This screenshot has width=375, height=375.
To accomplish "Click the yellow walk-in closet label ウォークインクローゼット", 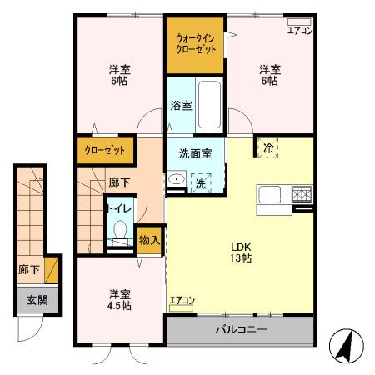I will click(196, 43).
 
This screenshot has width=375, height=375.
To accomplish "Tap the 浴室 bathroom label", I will click(181, 106).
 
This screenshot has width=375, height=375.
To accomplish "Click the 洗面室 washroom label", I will click(195, 153).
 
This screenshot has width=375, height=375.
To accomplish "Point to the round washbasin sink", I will click(176, 181).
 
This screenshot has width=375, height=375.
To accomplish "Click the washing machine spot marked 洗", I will click(201, 181).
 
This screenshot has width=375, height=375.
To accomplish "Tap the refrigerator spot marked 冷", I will click(268, 147).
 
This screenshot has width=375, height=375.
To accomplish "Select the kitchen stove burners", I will click(301, 195).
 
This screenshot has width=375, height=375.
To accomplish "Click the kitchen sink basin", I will click(271, 196).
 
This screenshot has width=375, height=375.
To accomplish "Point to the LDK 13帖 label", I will click(241, 252).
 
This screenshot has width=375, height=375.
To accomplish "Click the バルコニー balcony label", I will click(242, 330).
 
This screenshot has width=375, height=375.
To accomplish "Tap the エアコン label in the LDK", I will click(182, 301).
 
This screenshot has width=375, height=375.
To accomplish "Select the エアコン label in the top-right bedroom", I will click(299, 31).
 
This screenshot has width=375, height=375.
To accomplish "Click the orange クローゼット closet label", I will click(105, 151).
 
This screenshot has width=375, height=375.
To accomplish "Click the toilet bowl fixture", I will click(119, 230).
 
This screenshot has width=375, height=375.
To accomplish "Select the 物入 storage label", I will click(149, 240).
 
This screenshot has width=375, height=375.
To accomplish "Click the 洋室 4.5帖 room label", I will click(119, 299).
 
